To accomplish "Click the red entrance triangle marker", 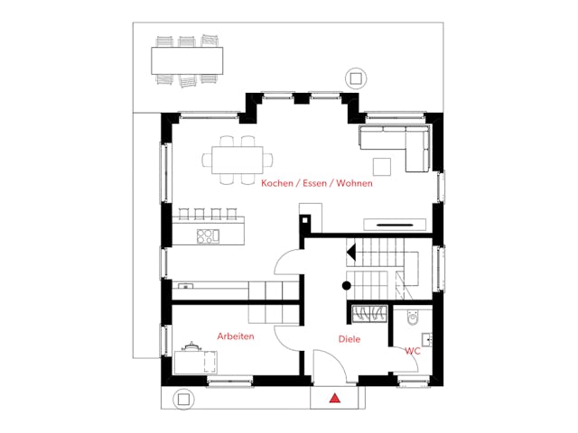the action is pyautogui.click(x=335, y=398).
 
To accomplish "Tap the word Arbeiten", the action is pyautogui.click(x=236, y=336).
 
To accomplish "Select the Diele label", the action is pyautogui.click(x=350, y=339).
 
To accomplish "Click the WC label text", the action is pyautogui.click(x=413, y=351).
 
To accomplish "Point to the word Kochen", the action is pyautogui.click(x=277, y=183).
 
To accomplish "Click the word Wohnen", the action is pyautogui.click(x=354, y=183).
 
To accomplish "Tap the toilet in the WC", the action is pyautogui.click(x=413, y=318).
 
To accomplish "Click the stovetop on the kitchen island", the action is pyautogui.click(x=208, y=236).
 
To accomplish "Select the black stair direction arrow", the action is pyautogui.click(x=351, y=253).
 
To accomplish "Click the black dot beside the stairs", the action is pyautogui.click(x=347, y=285).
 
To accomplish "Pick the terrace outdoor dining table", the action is pyautogui.click(x=187, y=60).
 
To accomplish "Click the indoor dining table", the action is pyautogui.click(x=238, y=161).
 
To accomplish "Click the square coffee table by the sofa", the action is pyautogui.click(x=382, y=167).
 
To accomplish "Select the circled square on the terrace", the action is pyautogui.click(x=356, y=78).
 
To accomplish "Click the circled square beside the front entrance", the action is pyautogui.click(x=183, y=399).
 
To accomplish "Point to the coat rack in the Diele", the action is pyautogui.click(x=369, y=314).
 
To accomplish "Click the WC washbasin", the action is pyautogui.click(x=427, y=339).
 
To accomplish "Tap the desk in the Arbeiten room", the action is pyautogui.click(x=195, y=363).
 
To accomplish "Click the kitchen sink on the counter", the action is pyautogui.click(x=185, y=286).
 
